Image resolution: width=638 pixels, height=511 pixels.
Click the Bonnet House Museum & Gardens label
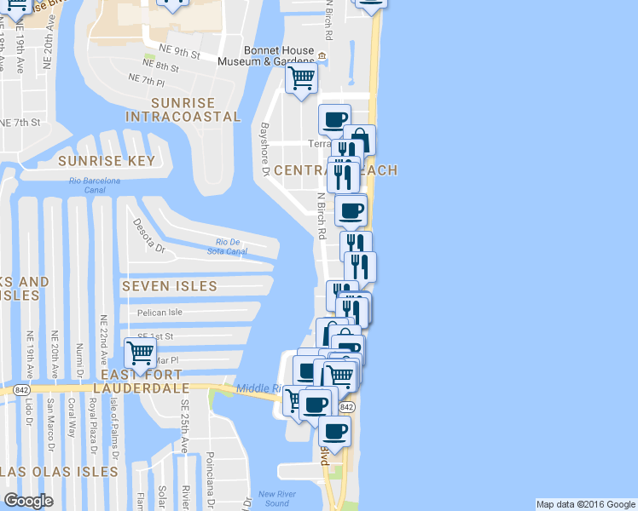[265, 55]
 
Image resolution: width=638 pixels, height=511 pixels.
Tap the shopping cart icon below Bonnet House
[301, 80]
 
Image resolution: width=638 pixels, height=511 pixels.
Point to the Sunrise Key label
[107, 160]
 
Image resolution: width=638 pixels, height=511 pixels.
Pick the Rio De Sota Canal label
[227, 246]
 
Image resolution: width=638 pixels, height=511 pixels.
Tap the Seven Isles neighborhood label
[169, 285]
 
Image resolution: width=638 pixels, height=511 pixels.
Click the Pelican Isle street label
[160, 313]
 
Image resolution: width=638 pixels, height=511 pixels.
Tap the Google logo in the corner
[28, 501]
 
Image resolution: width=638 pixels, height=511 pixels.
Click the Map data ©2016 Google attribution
[586, 504]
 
